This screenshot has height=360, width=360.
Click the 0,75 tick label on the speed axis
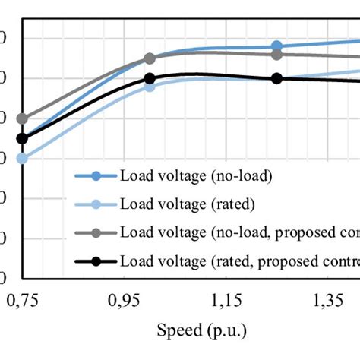pos(24,303)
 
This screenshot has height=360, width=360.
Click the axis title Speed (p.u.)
pos(202,332)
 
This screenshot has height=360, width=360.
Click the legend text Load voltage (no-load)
pos(195,175)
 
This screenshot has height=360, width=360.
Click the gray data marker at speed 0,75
pos(22,118)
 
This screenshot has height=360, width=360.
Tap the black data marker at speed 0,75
pos(22,138)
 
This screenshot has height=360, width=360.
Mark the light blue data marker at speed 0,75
pos(22,158)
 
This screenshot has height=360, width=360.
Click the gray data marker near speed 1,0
pos(150,58)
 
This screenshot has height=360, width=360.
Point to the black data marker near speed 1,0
pos(150,78)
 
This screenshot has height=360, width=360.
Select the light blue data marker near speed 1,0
pos(150,86)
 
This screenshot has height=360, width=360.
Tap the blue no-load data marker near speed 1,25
pos(277,46)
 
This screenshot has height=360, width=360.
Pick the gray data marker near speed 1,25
pos(277,54)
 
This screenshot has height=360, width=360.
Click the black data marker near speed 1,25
pos(277,78)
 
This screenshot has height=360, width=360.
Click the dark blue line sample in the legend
pos(96,176)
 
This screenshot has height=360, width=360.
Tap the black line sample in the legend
pos(96,262)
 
